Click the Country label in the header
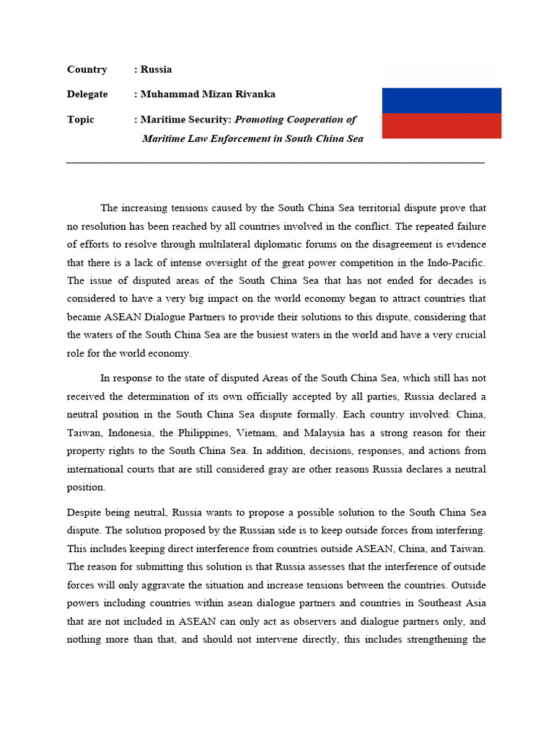coord(87,70)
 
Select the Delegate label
coord(87,94)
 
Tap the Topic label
coord(80,120)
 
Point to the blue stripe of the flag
coord(441,100)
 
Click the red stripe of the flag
coord(441,125)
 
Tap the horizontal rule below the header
coord(275,163)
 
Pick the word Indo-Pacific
coord(458,262)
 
